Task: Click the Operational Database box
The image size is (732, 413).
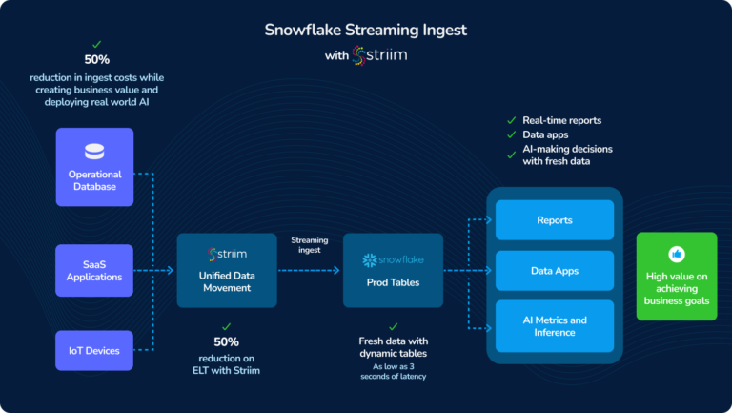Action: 94,167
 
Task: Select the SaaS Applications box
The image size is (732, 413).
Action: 94,270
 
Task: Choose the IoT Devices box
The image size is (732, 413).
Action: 94,350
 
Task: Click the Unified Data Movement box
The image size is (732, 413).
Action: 226,270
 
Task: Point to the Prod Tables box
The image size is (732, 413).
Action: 393,270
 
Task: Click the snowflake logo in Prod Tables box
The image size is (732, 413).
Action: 371,259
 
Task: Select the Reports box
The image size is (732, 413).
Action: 554,220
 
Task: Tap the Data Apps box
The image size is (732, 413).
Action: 554,271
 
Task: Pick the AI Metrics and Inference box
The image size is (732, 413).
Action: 554,326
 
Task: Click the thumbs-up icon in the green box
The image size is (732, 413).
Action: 677,254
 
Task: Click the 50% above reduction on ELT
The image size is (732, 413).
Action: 226,341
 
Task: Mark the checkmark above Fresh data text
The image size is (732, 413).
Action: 393,326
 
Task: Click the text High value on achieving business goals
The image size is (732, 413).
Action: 677,287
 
